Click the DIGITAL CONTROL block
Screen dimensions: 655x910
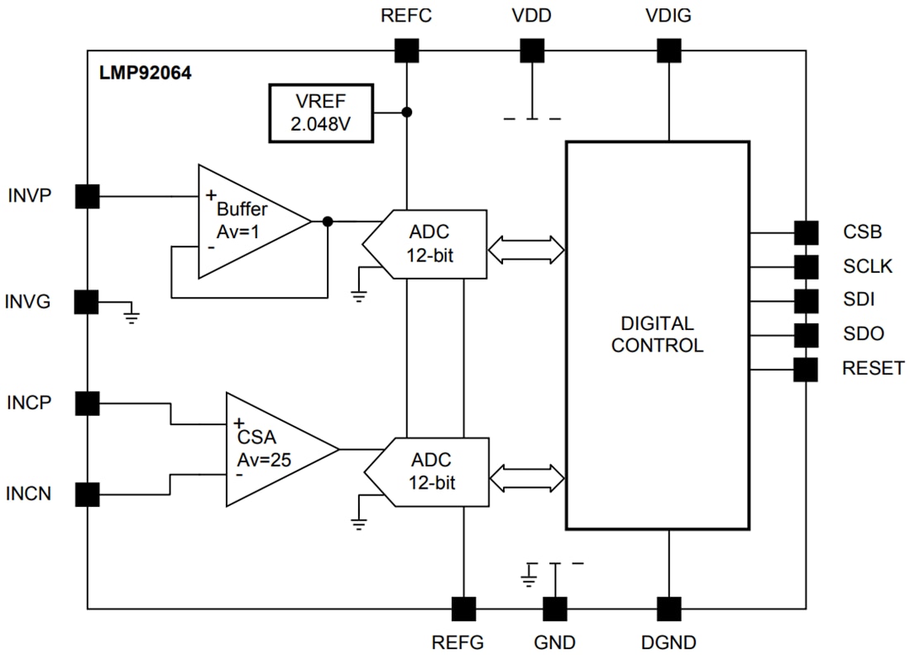coord(657,334)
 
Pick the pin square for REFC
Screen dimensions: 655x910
coord(406,51)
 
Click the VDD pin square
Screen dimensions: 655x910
coord(532,51)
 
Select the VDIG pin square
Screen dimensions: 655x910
coord(668,51)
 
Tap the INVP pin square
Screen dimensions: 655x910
coord(87,196)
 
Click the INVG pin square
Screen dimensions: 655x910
coord(87,302)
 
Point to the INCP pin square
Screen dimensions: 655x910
coord(87,404)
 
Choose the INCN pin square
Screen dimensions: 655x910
coord(87,495)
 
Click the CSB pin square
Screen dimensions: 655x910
coord(805,232)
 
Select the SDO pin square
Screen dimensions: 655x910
coord(805,335)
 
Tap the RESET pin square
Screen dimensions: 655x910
coord(805,369)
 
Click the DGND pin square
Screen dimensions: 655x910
coord(668,609)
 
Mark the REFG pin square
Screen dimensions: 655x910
coord(464,609)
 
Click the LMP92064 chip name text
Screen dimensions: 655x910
coord(146,73)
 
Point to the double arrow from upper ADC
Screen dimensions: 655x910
coord(526,248)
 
